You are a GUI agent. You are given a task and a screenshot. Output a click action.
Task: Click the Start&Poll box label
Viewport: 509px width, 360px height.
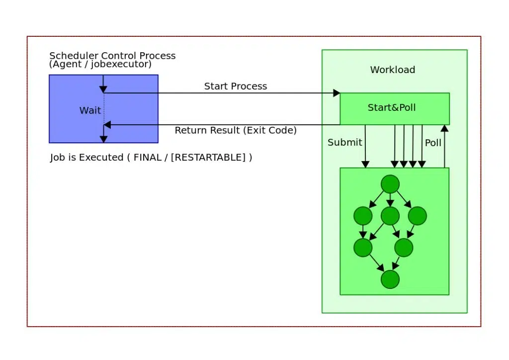click(392, 107)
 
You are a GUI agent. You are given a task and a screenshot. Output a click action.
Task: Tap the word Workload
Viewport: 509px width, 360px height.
click(392, 70)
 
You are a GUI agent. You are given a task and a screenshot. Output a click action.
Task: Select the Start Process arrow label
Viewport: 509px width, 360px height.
click(236, 87)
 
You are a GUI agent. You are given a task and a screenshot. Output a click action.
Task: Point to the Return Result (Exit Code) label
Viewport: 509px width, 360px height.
click(236, 131)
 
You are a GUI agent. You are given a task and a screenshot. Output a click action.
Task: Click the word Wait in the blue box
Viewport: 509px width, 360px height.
click(90, 110)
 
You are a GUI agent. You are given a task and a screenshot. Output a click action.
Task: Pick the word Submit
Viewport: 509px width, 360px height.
click(344, 143)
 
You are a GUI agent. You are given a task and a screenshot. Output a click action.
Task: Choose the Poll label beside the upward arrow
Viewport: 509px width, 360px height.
click(433, 143)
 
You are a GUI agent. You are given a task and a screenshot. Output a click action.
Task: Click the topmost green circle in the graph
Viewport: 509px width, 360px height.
click(390, 184)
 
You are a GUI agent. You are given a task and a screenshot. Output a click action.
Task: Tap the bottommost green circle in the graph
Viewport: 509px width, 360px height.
click(390, 279)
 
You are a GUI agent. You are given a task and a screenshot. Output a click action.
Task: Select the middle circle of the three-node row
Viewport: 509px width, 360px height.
click(390, 216)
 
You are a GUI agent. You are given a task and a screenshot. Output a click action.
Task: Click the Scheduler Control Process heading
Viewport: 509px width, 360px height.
click(112, 56)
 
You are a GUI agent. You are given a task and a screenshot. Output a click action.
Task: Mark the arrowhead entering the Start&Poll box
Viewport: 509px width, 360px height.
click(337, 93)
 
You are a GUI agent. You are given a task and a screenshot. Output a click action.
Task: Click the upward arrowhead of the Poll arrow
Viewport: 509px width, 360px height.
click(444, 128)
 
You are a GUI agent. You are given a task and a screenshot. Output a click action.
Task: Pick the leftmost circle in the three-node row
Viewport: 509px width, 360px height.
click(363, 216)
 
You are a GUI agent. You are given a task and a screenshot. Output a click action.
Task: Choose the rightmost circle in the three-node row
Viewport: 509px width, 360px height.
click(418, 216)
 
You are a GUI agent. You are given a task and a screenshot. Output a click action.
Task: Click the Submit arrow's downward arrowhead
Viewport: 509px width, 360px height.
click(365, 165)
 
